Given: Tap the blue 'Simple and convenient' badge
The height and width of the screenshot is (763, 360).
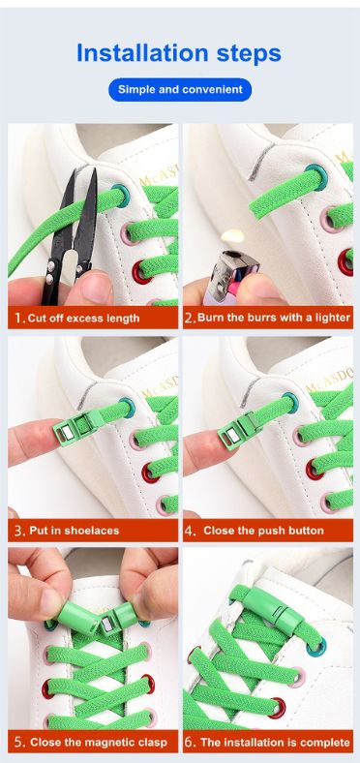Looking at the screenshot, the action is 180,89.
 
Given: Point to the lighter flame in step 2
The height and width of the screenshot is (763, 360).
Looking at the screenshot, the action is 231,237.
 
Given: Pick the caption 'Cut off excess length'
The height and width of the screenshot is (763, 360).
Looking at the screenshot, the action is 83,319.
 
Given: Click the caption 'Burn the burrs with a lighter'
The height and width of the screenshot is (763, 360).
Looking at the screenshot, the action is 274,318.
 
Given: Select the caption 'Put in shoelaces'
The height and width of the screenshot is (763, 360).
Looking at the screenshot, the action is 74,530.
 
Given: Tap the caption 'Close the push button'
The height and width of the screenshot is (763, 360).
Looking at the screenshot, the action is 263,530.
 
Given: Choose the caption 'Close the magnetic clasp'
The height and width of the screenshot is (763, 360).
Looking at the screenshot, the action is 99,742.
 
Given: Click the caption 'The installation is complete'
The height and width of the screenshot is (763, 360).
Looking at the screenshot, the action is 276,742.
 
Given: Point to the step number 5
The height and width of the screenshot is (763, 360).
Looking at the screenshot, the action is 19,743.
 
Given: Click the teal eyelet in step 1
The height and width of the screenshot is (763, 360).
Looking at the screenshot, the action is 120,196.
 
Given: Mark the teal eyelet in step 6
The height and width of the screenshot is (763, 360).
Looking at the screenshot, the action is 316,646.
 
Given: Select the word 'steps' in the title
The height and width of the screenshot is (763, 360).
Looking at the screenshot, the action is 249,53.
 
